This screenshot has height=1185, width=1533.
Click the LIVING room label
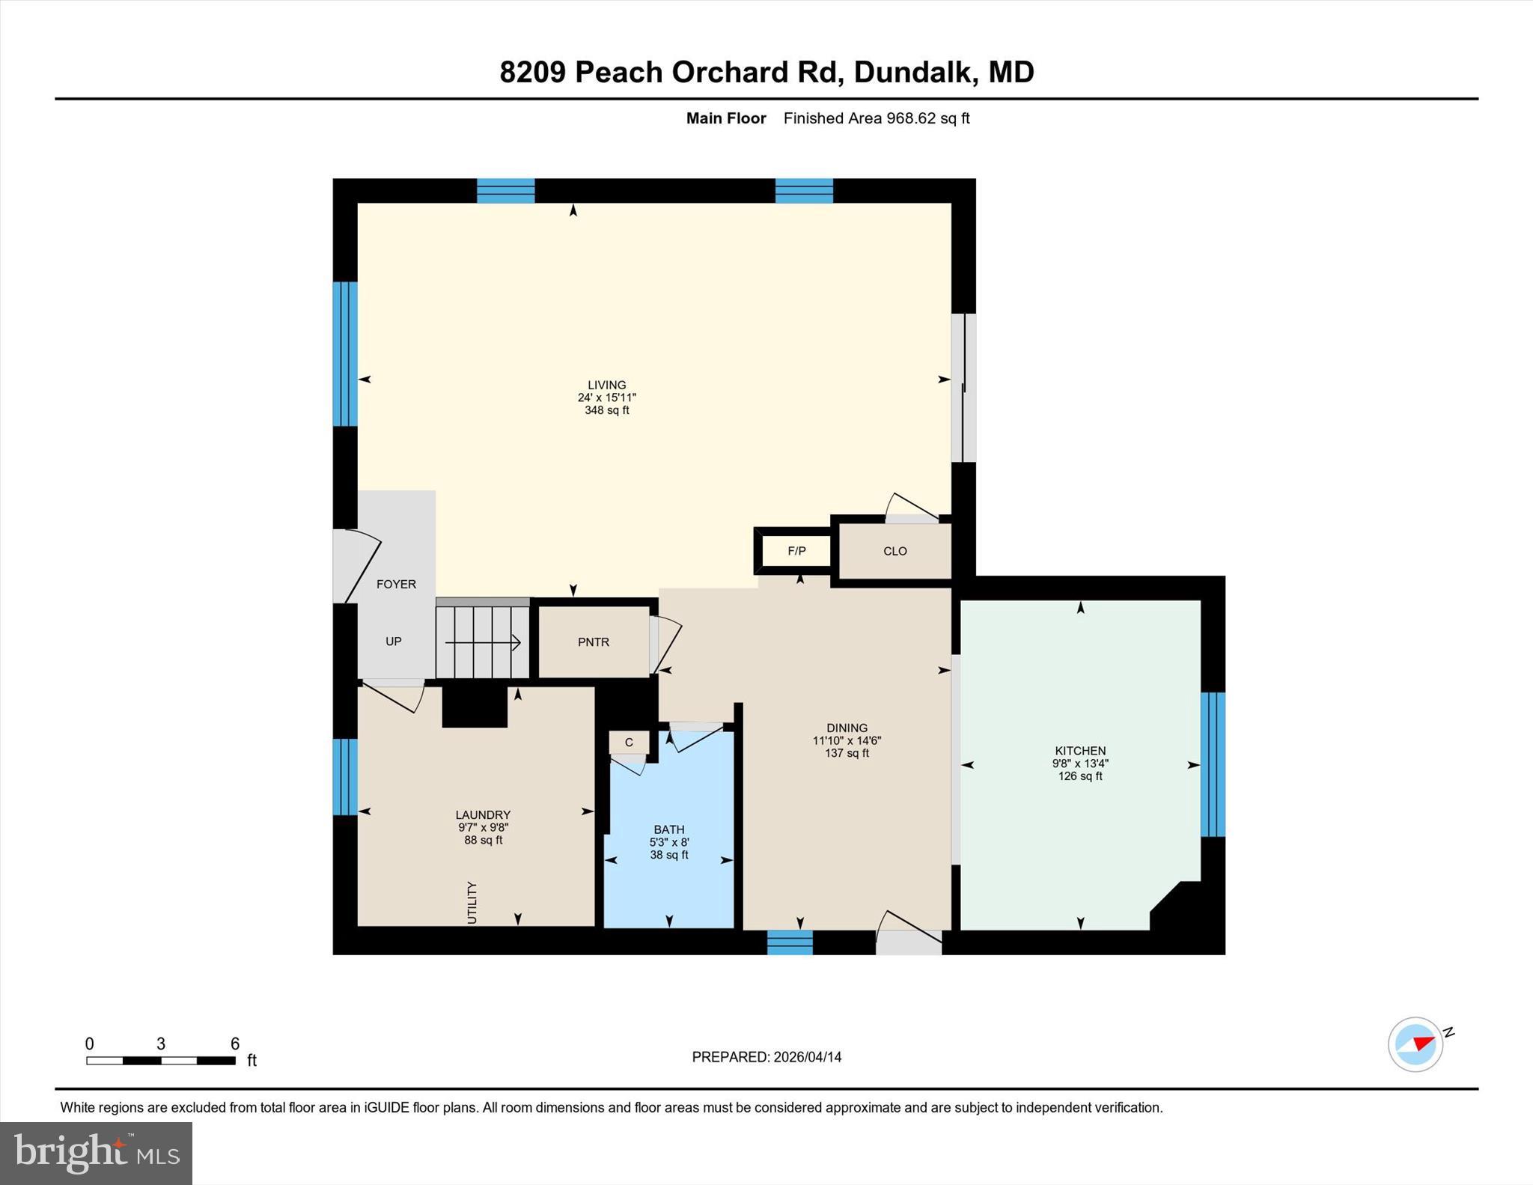606,386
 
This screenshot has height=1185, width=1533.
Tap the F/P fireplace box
796,551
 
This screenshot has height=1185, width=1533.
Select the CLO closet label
894,551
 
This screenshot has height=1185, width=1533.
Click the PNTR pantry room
594,642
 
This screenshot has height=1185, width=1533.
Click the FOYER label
396,584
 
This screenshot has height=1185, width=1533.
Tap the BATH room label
668,829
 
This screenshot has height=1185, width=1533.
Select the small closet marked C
629,743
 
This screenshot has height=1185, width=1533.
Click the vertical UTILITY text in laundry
472,902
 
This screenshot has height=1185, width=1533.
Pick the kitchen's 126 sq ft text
1080,776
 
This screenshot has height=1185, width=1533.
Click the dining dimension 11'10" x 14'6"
847,740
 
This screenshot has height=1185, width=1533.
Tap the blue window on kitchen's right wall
1213,764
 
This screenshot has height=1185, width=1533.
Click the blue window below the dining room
790,942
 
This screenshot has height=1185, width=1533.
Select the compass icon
1415,1044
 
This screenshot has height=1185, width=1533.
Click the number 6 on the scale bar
234,1044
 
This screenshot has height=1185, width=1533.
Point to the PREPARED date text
766,1057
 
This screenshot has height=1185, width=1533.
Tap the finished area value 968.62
911,118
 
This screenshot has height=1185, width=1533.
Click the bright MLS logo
96,1153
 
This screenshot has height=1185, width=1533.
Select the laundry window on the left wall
345,776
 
